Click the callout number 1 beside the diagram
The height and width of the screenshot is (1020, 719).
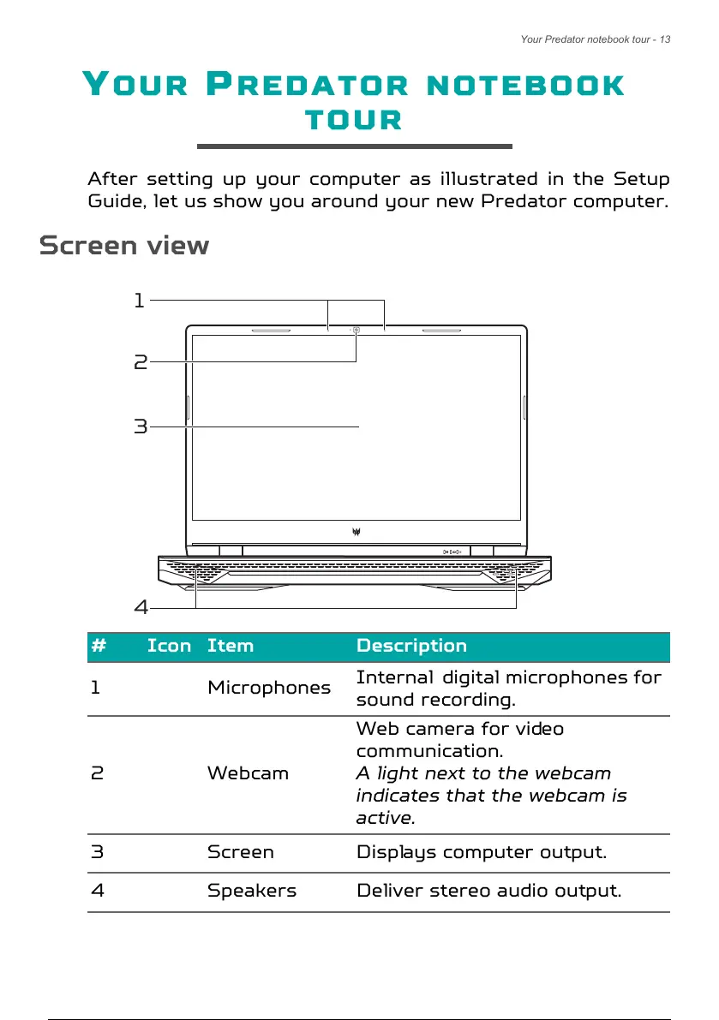click(x=138, y=301)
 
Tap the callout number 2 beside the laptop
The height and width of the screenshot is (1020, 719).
click(x=141, y=362)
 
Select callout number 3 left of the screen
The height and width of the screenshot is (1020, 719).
click(x=141, y=426)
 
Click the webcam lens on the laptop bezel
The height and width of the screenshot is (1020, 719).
click(x=357, y=328)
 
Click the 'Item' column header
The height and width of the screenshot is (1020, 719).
click(x=231, y=646)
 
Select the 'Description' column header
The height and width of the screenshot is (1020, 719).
click(x=411, y=646)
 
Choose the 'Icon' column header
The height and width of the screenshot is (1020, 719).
click(x=169, y=646)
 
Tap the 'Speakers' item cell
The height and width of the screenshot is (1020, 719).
click(x=252, y=890)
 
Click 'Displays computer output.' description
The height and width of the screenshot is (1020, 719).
click(x=481, y=852)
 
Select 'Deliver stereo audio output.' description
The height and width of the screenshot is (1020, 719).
click(x=488, y=890)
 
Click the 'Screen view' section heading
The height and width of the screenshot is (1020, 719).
click(x=124, y=246)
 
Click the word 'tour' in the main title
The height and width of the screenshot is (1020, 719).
click(x=354, y=119)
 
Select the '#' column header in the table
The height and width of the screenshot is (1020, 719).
click(x=99, y=646)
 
